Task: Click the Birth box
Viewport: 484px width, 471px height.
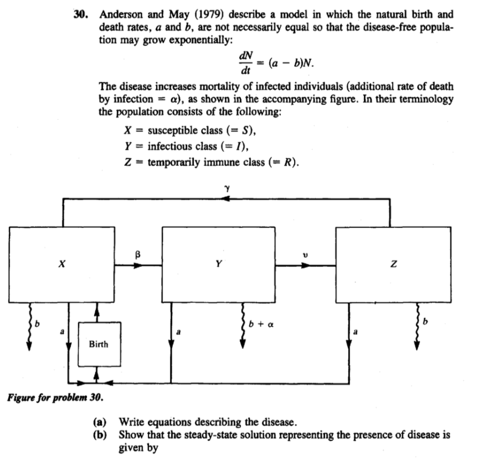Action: pos(99,345)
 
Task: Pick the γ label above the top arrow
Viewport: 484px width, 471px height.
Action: pos(226,189)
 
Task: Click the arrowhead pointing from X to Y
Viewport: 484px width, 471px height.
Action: pos(139,265)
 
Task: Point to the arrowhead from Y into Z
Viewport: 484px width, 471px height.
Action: pos(304,265)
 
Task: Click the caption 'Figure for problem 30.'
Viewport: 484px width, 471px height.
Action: pos(55,398)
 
